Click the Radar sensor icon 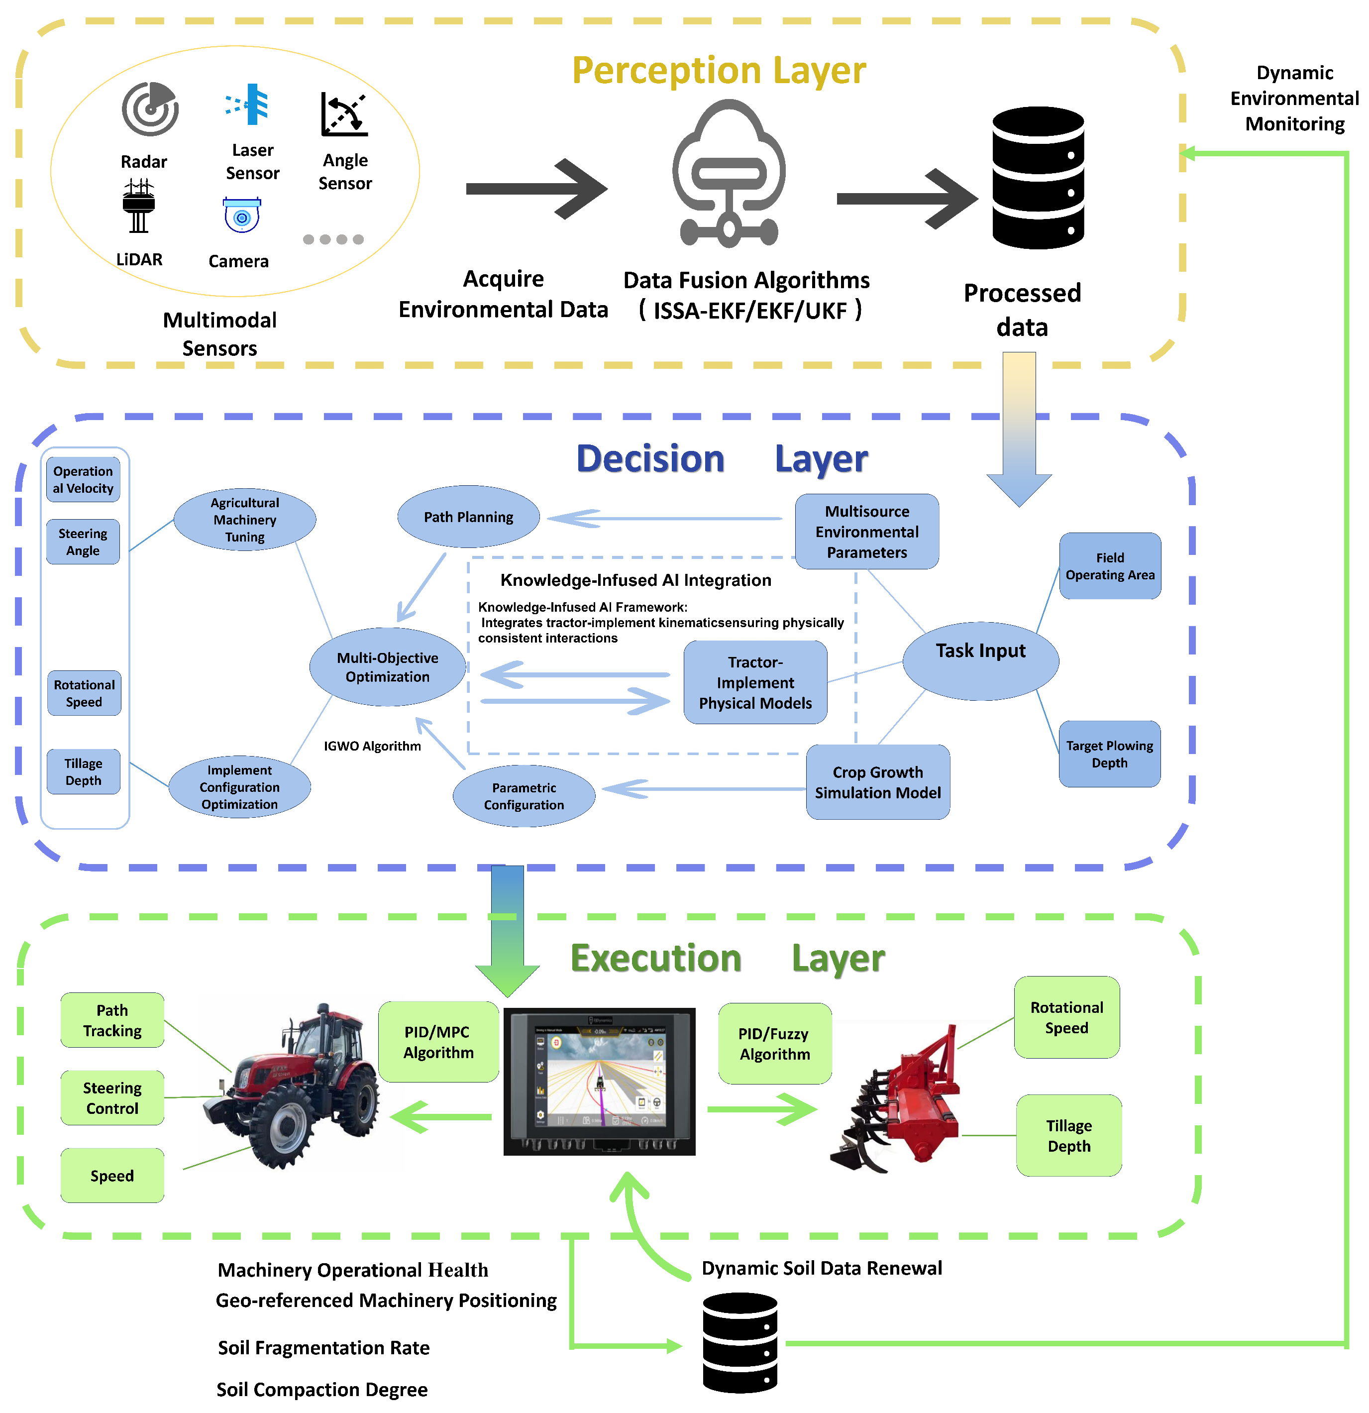pos(150,109)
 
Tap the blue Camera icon pos(241,216)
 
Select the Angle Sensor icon pos(344,114)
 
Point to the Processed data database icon pos(1038,178)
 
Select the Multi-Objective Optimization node pos(387,667)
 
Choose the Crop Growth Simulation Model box pos(877,782)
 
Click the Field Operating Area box pos(1109,566)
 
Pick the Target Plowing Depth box pos(1109,754)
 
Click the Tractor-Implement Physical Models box pos(755,682)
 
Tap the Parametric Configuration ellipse pos(524,796)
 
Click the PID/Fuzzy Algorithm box pos(774,1044)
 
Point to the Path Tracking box pos(112,1020)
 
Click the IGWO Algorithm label pos(372,746)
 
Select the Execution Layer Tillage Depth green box pos(1068,1135)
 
